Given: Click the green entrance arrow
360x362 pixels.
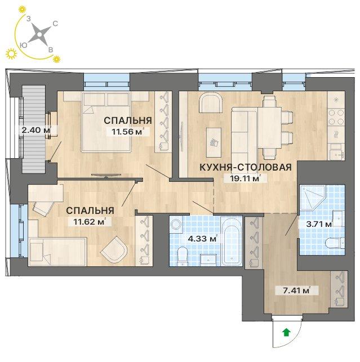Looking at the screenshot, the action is click(x=287, y=333).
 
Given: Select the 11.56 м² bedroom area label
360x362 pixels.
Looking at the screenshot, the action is click(x=128, y=132).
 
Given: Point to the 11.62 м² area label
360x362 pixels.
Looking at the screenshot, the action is click(x=90, y=222).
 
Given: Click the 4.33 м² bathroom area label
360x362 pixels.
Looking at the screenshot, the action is click(x=202, y=238).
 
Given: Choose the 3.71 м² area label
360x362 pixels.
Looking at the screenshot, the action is click(x=315, y=224).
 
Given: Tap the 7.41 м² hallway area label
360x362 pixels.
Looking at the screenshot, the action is click(x=297, y=290).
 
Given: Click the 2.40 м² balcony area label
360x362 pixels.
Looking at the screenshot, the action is click(x=36, y=130).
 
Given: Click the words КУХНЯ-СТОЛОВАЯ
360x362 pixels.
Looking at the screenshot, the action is click(x=246, y=167).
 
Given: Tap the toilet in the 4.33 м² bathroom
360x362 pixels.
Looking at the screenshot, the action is click(x=183, y=257).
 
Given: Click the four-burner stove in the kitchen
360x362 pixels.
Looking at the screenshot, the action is click(x=336, y=117).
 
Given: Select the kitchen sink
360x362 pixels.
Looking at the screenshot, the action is click(x=337, y=152).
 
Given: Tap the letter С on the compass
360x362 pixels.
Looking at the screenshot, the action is click(x=55, y=24).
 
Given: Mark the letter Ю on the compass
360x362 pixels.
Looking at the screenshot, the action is click(x=24, y=45).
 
